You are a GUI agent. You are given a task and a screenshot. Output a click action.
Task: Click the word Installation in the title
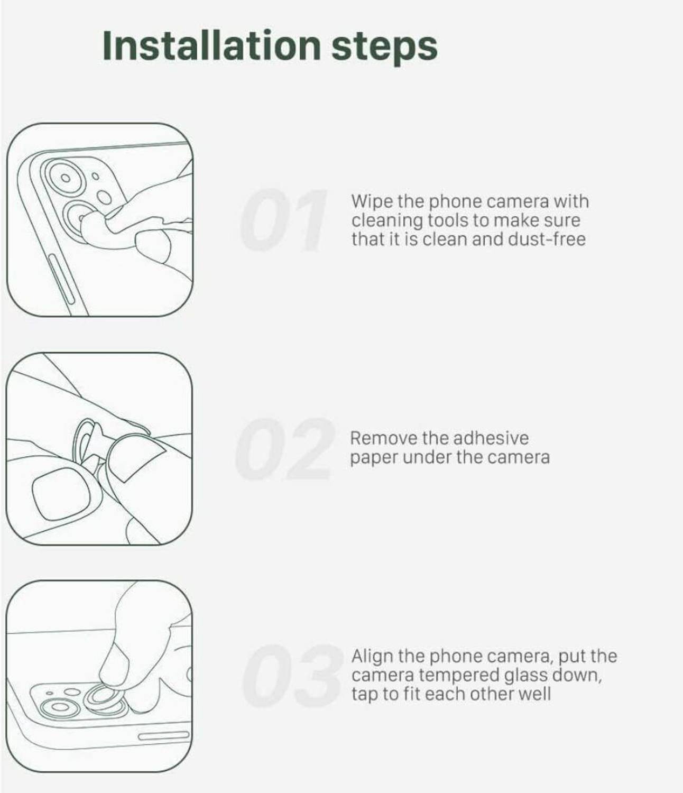211,45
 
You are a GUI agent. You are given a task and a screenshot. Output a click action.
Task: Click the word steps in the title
384,48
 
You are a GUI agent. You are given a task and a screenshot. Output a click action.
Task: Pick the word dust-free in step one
547,239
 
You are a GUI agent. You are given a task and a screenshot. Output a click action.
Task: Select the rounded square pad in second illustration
62,494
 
